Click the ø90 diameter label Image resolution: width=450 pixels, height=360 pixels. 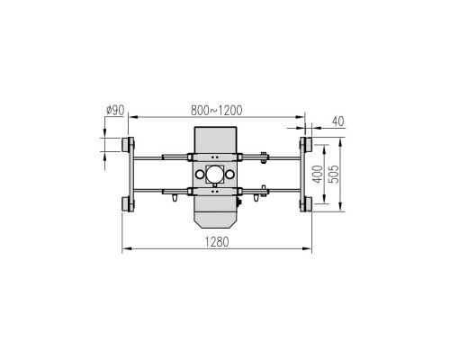115,111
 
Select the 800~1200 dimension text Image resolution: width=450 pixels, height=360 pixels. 216,111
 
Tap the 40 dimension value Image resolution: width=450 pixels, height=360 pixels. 338,121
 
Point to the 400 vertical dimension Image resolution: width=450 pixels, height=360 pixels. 318,174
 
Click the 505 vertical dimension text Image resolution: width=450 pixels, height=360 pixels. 334,174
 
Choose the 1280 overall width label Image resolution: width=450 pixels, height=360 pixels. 216,242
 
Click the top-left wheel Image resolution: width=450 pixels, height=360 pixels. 125,144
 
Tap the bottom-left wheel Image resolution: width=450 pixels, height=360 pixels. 125,204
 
